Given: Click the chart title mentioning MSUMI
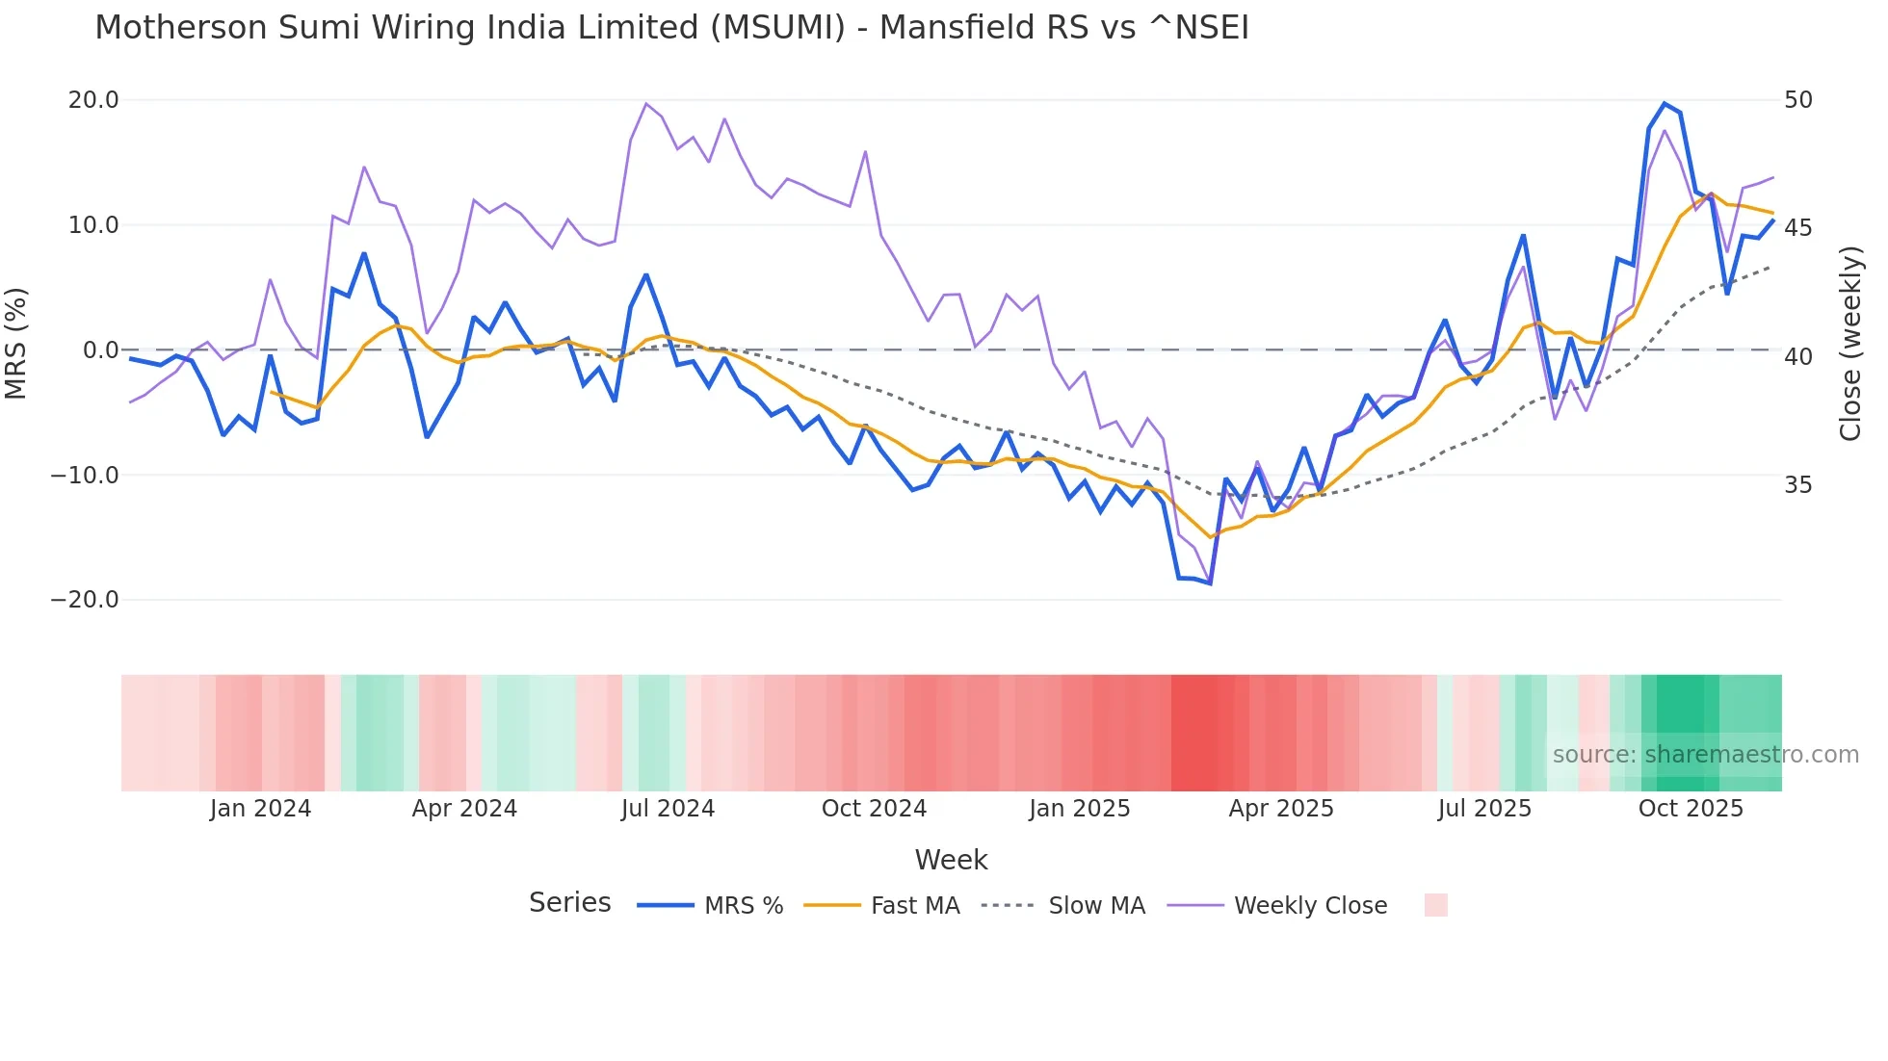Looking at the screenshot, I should pos(671,28).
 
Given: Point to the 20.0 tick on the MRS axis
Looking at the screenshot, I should pos(93,100).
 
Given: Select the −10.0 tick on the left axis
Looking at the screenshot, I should pos(85,475).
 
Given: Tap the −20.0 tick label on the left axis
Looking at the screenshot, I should pos(85,600).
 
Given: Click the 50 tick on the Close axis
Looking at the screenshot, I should pos(1798,100).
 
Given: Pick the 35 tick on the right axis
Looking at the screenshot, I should pos(1798,484).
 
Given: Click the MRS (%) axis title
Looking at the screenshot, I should pos(16,344).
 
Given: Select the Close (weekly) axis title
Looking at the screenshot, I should pos(1850,344).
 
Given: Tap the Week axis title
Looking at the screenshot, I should pos(951,860).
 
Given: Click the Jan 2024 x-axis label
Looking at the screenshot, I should pos(260,809).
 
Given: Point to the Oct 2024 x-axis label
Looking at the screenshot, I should pos(874,809).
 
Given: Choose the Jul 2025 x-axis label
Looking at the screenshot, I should pos(1484,809).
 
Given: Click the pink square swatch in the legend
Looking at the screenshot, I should pos(1435,905).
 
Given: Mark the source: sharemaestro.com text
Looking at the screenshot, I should pos(1705,755).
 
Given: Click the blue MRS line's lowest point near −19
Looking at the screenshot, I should pos(1210,583).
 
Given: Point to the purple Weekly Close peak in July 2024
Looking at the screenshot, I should pos(646,104).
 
